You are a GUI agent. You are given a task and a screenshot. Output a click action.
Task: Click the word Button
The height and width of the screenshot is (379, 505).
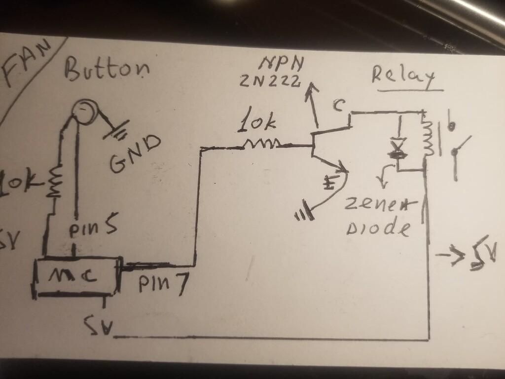[106, 69]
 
